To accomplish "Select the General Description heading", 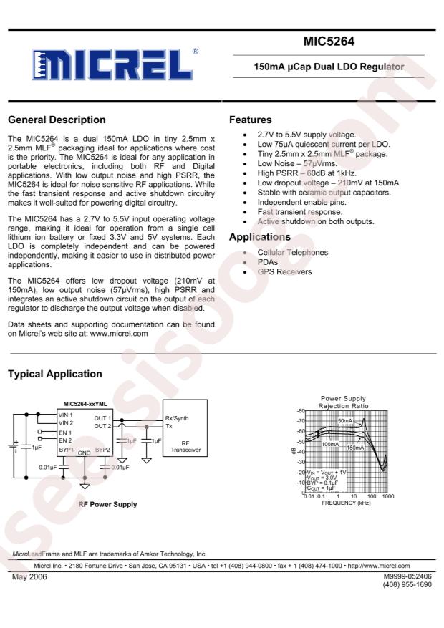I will pos(56,120).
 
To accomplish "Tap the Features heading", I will pos(250,120).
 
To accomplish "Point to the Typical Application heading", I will pos(54,374).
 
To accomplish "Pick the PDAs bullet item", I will pos(269,262).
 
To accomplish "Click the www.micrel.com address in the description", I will pos(119,333).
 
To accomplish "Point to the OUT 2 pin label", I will pos(103,426).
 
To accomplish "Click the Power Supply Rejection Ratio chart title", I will pos(344,402).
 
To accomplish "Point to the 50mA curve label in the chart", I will pos(344,421).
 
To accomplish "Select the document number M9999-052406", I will pos(407,576).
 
